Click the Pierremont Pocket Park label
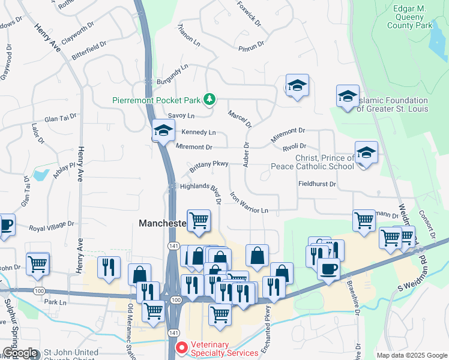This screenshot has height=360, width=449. point(157,100)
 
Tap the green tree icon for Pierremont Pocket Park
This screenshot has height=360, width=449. point(209,99)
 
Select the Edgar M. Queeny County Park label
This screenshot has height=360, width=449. point(401,17)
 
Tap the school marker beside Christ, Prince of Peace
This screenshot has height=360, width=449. point(366,153)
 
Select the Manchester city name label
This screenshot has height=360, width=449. point(162,223)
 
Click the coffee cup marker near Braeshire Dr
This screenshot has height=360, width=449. point(328,269)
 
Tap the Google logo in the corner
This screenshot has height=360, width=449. point(20,353)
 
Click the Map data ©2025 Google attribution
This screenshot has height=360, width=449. point(411,355)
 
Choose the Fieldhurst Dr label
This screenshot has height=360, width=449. point(317,184)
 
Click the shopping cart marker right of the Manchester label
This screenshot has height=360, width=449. point(199,221)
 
